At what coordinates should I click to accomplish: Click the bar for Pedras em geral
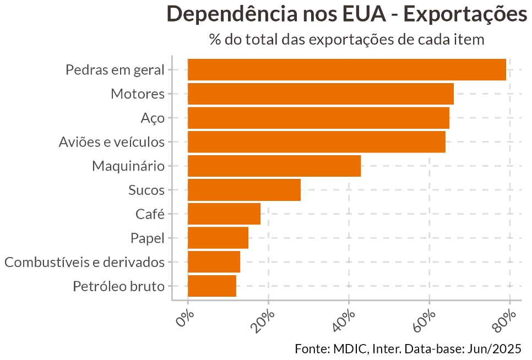pyautogui.click(x=347, y=69)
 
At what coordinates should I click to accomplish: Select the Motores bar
pyautogui.click(x=321, y=94)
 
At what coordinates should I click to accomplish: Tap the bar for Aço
pyautogui.click(x=318, y=118)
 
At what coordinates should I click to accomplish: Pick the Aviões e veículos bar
pyautogui.click(x=316, y=142)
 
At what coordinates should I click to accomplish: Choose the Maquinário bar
pyautogui.click(x=274, y=166)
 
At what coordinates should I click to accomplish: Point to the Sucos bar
pyautogui.click(x=244, y=190)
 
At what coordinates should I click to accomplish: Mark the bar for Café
pyautogui.click(x=224, y=214)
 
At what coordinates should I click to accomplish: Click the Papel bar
pyautogui.click(x=218, y=238)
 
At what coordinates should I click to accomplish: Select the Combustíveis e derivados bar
pyautogui.click(x=214, y=262)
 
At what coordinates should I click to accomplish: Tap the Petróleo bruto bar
pyautogui.click(x=212, y=286)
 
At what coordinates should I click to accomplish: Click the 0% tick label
pyautogui.click(x=184, y=319)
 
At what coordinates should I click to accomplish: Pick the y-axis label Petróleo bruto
pyautogui.click(x=118, y=286)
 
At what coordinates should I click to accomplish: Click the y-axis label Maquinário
pyautogui.click(x=128, y=166)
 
